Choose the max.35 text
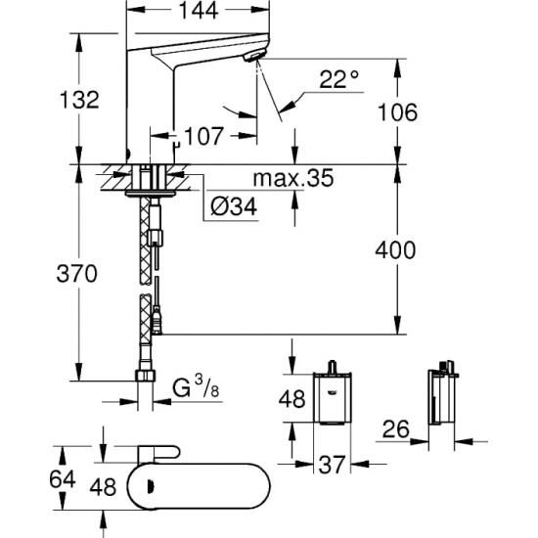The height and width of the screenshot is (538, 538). point(292,178)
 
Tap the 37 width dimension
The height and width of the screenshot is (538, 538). point(334,464)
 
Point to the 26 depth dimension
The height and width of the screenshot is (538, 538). point(393,427)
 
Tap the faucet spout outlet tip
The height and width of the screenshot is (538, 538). point(256,61)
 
